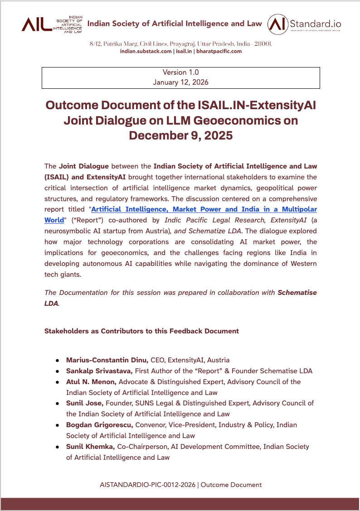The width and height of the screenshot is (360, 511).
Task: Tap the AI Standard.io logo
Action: pyautogui.click(x=304, y=24)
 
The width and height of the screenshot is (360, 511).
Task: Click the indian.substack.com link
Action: pyautogui.click(x=146, y=52)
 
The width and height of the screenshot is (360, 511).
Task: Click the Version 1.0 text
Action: pyautogui.click(x=180, y=72)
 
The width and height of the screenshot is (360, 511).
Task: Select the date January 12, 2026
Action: pyautogui.click(x=180, y=82)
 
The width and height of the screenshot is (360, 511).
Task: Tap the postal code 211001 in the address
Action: pyautogui.click(x=262, y=44)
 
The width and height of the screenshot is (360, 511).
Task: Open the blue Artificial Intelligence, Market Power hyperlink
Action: pyautogui.click(x=204, y=209)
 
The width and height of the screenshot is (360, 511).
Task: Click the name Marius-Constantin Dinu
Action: pyautogui.click(x=107, y=360)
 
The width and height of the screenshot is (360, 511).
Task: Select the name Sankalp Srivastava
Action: pyautogui.click(x=99, y=371)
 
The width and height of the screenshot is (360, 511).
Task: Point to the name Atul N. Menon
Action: pyautogui.click(x=91, y=382)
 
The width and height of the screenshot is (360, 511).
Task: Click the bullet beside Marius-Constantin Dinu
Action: pyautogui.click(x=58, y=361)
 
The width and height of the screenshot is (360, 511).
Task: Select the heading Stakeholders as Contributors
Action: pyautogui.click(x=141, y=331)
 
